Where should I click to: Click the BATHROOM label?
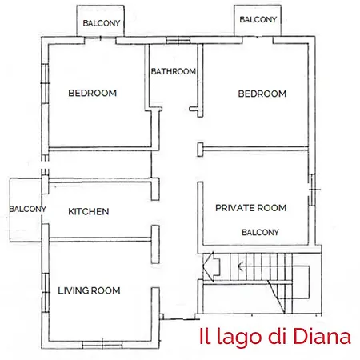tap(174, 71)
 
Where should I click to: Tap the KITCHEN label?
tap(88, 211)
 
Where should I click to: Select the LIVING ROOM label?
tap(89, 290)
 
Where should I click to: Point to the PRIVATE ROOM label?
tap(250, 208)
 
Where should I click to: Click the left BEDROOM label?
tap(92, 93)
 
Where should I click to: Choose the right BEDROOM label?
tap(262, 94)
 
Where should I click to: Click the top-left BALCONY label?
tap(102, 23)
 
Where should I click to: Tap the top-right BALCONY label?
tap(258, 18)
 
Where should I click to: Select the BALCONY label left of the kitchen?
tap(27, 209)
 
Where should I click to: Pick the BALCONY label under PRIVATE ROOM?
tap(260, 232)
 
